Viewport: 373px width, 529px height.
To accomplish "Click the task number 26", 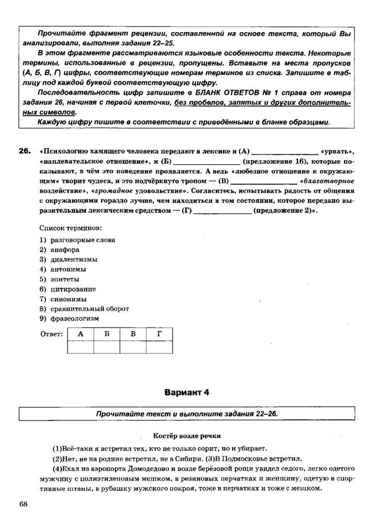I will pyautogui.click(x=24, y=151).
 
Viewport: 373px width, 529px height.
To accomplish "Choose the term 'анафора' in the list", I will pyautogui.click(x=65, y=250).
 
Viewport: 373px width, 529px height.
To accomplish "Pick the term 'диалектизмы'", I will pyautogui.click(x=74, y=259).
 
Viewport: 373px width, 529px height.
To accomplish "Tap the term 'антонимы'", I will pyautogui.click(x=68, y=269).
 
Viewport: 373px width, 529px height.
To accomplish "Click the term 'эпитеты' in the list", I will pyautogui.click(x=66, y=279).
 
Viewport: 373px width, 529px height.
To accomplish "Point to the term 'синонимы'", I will pyautogui.click(x=69, y=299).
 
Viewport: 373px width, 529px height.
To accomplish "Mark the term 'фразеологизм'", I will pyautogui.click(x=74, y=319).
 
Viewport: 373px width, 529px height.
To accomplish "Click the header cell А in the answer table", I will pyautogui.click(x=80, y=334).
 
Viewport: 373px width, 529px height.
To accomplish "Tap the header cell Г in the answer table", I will pyautogui.click(x=159, y=334).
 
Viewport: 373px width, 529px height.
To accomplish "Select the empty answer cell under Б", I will pyautogui.click(x=107, y=348).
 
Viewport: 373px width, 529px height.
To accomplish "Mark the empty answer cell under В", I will pyautogui.click(x=133, y=348).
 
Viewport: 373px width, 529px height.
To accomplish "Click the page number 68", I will pyautogui.click(x=24, y=504).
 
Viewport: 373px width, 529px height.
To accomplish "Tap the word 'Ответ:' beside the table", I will pyautogui.click(x=51, y=334).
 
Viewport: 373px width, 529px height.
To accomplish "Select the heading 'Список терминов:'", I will pyautogui.click(x=71, y=228).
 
